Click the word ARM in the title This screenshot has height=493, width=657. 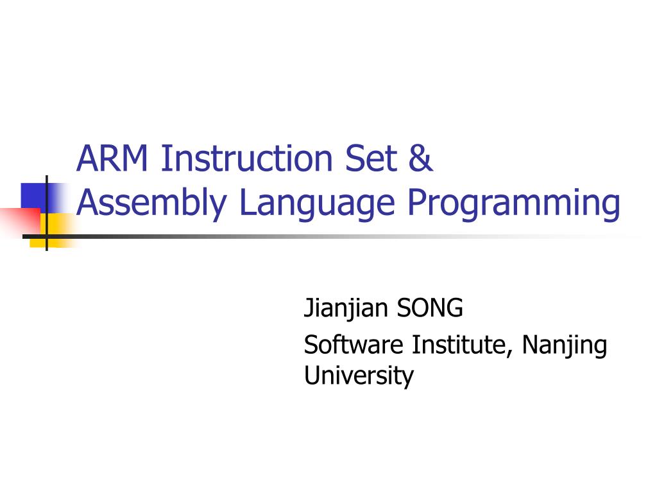pyautogui.click(x=112, y=159)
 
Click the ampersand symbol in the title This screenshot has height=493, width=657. pyautogui.click(x=420, y=159)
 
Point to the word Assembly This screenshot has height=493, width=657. pyautogui.click(x=151, y=203)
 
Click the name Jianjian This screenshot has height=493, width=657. pyautogui.click(x=346, y=309)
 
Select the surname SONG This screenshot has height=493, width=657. pyautogui.click(x=429, y=309)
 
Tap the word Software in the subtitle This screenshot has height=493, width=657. pyautogui.click(x=354, y=345)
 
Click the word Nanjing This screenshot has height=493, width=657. pyautogui.click(x=564, y=346)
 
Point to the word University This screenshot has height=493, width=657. pyautogui.click(x=359, y=376)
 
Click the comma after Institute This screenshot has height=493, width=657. pyautogui.click(x=512, y=352)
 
